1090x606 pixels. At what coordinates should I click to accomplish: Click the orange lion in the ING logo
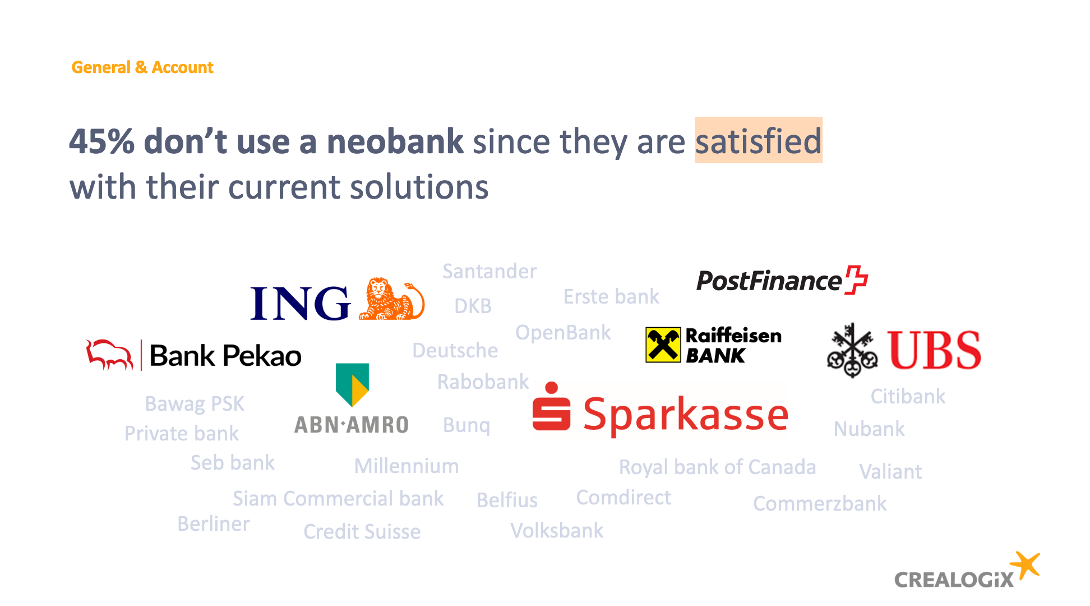click(391, 299)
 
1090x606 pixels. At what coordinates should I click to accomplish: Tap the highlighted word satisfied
click(758, 140)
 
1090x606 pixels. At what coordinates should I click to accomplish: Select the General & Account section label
click(142, 67)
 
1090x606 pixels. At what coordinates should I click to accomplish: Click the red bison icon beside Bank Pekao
click(109, 355)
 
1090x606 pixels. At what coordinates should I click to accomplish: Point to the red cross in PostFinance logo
click(856, 279)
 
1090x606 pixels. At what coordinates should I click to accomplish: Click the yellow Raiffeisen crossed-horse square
click(663, 345)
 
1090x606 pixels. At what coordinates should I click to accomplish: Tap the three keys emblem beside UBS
click(852, 350)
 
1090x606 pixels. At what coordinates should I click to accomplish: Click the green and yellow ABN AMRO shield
click(352, 384)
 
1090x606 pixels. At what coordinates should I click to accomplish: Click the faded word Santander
click(489, 272)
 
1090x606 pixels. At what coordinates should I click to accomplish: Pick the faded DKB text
click(473, 306)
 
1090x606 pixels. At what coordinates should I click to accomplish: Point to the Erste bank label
click(611, 296)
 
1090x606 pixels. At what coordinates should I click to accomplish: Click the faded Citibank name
click(908, 396)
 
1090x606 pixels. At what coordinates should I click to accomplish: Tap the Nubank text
click(869, 429)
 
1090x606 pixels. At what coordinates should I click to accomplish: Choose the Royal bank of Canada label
click(717, 467)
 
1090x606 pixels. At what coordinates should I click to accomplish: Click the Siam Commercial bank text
click(338, 498)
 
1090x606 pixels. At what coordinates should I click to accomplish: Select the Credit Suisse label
click(362, 531)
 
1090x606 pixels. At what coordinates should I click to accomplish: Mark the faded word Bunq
click(467, 425)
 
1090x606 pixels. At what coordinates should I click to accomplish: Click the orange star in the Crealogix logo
click(1026, 566)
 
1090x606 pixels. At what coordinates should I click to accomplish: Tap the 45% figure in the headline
click(102, 141)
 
